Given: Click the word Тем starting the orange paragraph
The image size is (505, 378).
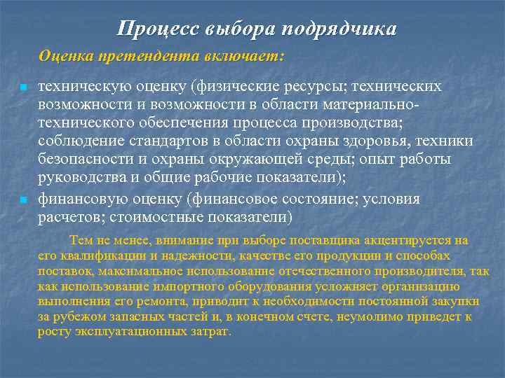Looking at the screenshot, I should [79, 241].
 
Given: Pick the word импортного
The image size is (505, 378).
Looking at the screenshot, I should [180, 286].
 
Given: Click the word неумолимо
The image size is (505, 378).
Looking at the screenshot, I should [368, 316].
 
